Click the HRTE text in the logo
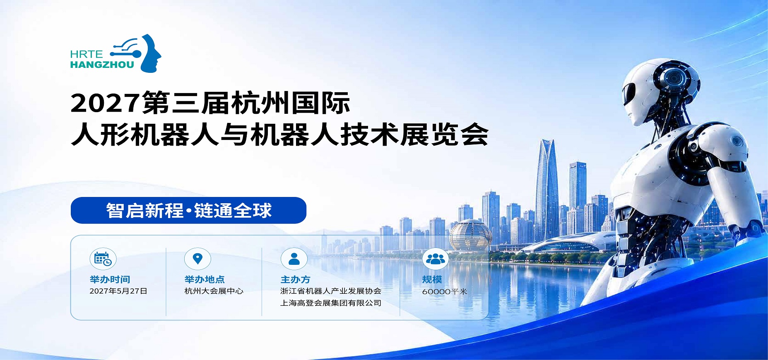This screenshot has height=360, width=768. click(x=87, y=54)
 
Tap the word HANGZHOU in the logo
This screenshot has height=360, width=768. click(x=102, y=65)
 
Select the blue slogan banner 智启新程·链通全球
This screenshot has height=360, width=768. click(x=188, y=210)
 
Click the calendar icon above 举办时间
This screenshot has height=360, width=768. click(x=103, y=259)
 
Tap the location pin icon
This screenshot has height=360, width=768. click(x=197, y=259)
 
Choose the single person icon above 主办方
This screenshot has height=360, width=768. click(x=294, y=259)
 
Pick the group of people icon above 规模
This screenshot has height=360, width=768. click(x=436, y=259)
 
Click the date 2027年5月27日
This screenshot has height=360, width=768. click(x=118, y=291)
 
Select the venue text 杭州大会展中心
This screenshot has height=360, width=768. click(x=214, y=291)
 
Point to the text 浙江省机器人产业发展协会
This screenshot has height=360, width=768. click(x=331, y=291)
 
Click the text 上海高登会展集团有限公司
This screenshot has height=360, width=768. click(x=331, y=303)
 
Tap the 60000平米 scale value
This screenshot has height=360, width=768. click(x=445, y=291)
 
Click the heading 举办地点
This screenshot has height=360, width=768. click(x=205, y=279)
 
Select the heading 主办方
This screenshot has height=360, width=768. click(x=295, y=279)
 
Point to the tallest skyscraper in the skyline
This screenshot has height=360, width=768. click(x=547, y=190)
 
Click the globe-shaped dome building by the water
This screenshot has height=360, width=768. click(x=470, y=235)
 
